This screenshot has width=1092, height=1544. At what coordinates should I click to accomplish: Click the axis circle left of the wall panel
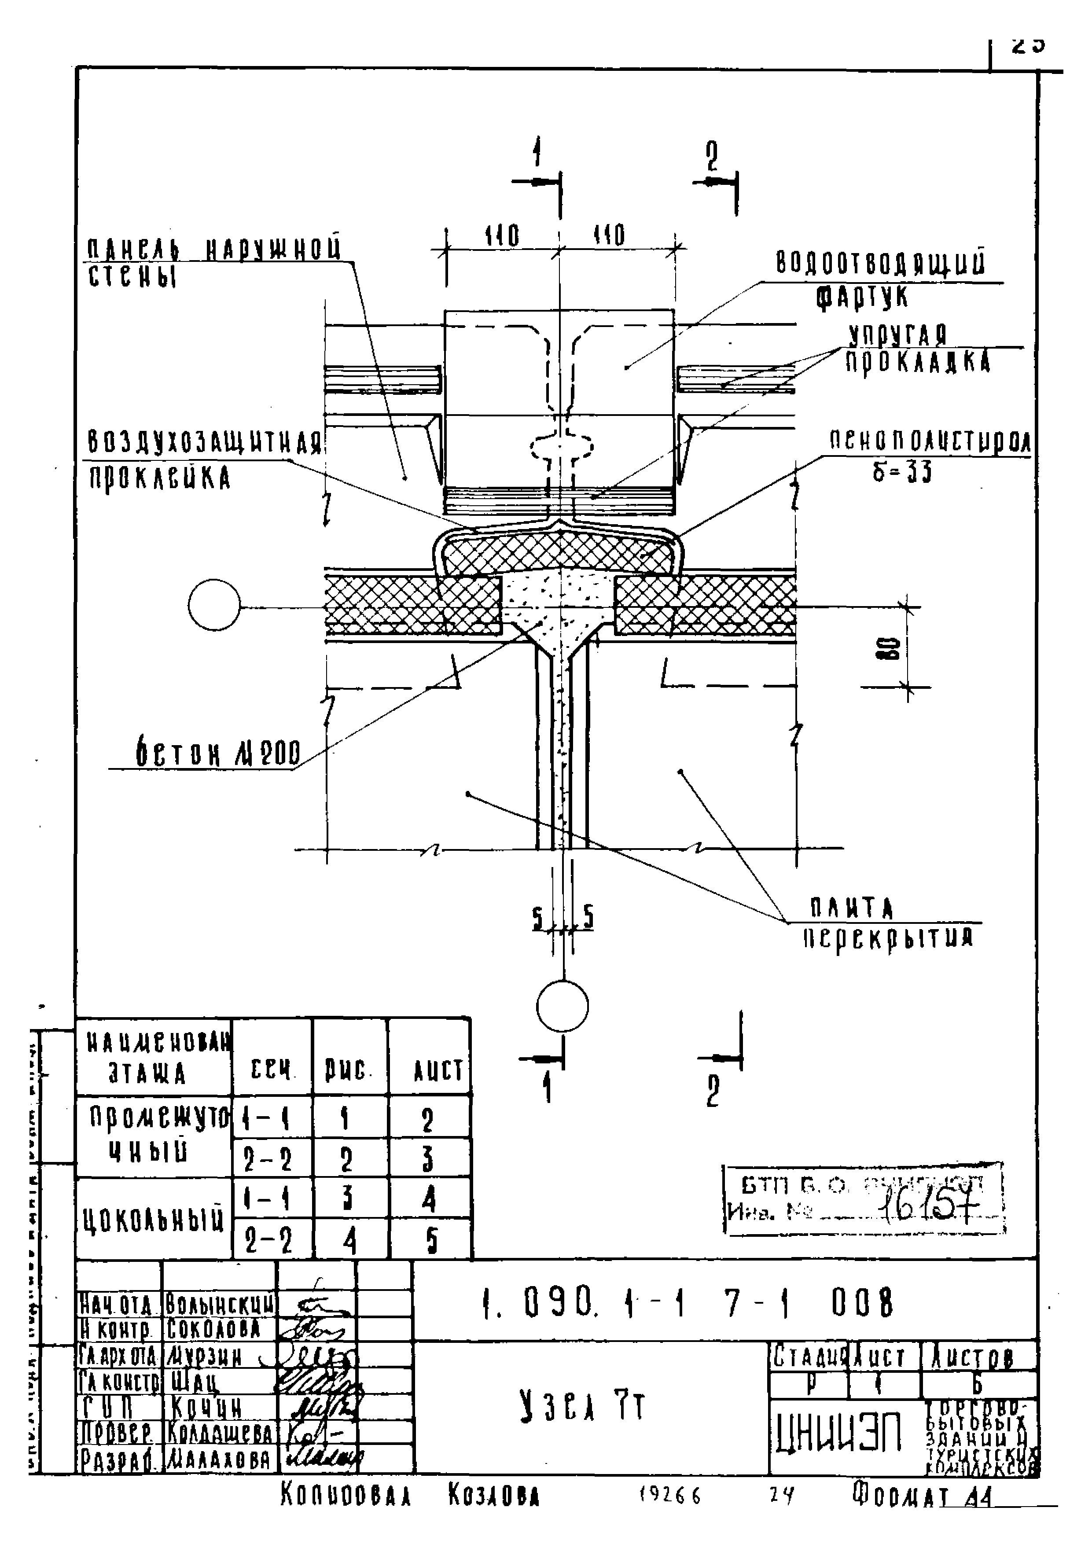[214, 605]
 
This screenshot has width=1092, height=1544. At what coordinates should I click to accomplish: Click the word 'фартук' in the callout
[862, 297]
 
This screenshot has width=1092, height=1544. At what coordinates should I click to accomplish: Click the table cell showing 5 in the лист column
[431, 1241]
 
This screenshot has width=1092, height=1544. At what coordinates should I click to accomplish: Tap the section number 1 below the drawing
[548, 1088]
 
